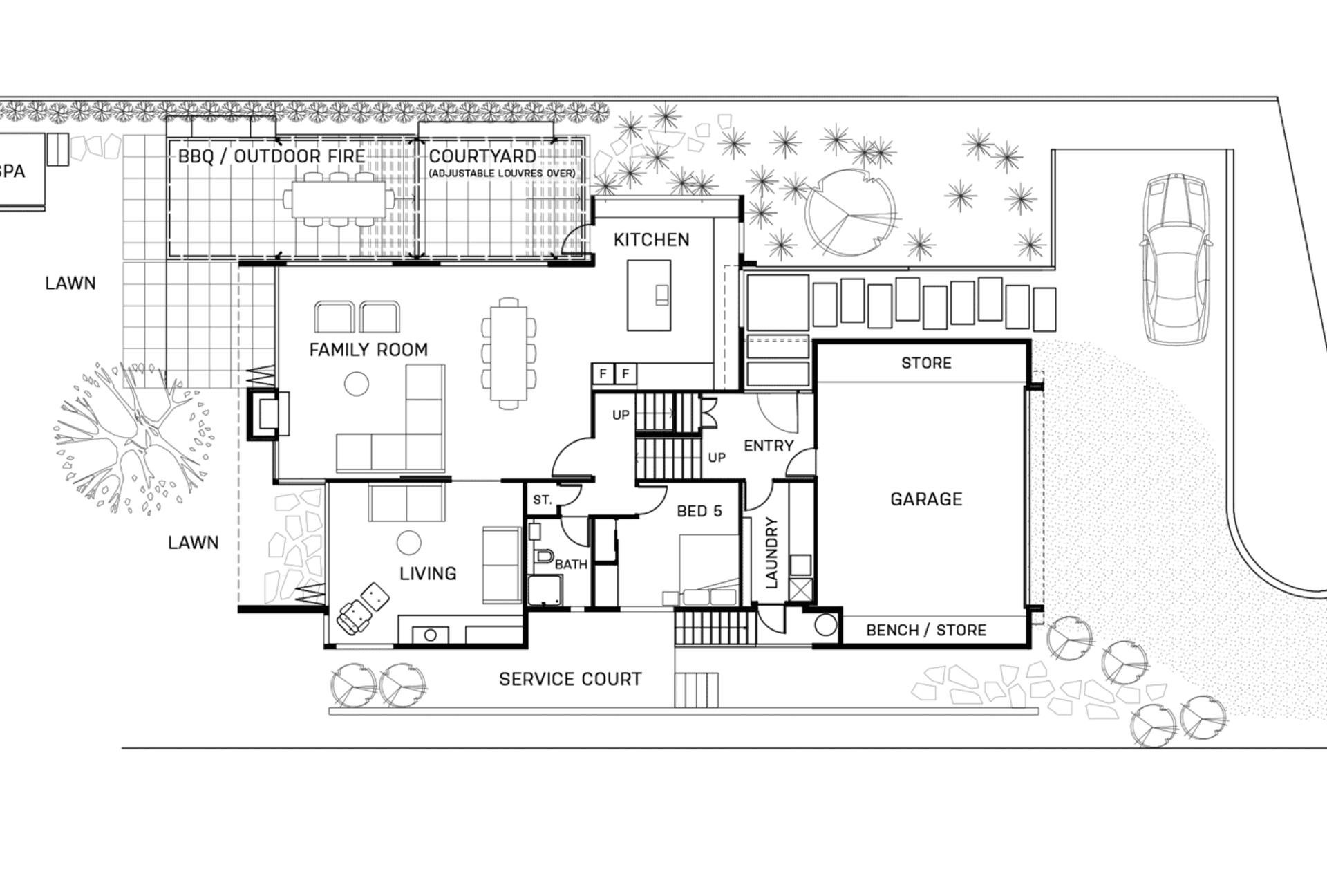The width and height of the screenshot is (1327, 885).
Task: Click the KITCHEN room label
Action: (x=651, y=240)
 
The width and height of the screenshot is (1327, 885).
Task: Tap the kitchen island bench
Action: (x=648, y=295)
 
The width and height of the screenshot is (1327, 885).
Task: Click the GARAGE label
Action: (x=925, y=499)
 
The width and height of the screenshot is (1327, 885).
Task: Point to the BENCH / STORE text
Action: (x=925, y=630)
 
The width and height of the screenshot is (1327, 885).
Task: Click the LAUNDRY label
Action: (x=772, y=552)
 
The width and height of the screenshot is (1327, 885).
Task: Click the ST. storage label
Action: (x=542, y=500)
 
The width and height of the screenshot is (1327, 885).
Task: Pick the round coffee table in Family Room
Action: (x=357, y=384)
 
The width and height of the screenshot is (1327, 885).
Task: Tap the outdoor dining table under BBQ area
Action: (x=337, y=198)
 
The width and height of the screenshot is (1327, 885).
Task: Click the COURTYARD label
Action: (x=482, y=156)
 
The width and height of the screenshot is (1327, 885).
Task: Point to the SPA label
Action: (x=12, y=171)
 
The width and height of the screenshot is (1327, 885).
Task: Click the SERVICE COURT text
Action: (x=570, y=679)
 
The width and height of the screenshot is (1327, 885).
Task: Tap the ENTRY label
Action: (x=769, y=446)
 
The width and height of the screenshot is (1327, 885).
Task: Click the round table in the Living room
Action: (x=409, y=543)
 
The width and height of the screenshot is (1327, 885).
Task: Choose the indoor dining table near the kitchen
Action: (x=509, y=354)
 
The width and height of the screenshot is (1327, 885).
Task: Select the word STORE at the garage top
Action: (x=926, y=363)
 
